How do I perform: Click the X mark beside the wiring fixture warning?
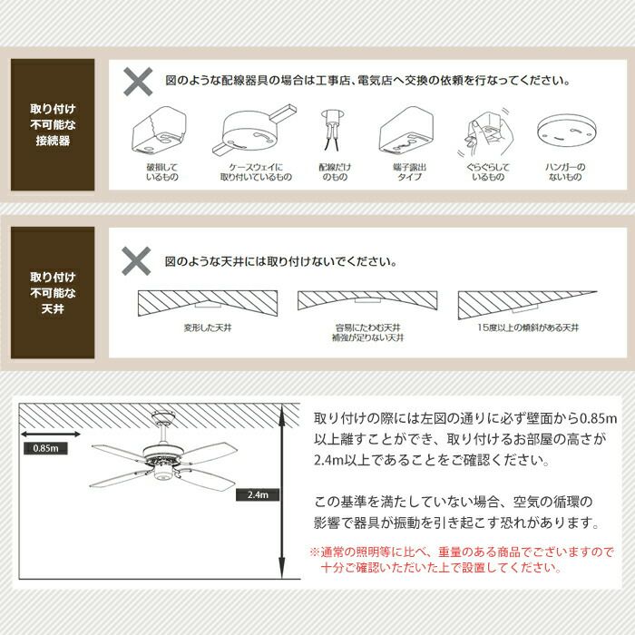[x=138, y=82]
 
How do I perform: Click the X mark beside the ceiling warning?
[x=136, y=261]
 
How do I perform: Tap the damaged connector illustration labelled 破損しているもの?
[x=160, y=132]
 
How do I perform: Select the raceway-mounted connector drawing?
[x=255, y=131]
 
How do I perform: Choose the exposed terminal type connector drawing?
[x=406, y=132]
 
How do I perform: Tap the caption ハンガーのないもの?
[x=565, y=171]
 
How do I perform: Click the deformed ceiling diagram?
[x=208, y=303]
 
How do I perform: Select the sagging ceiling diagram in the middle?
[x=367, y=299]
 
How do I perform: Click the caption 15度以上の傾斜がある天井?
[x=528, y=327]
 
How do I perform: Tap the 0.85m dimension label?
[x=45, y=448]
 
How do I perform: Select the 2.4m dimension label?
[x=258, y=495]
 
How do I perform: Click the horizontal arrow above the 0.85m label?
[x=51, y=435]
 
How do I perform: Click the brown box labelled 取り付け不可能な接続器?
[x=53, y=125]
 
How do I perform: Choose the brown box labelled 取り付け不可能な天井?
[x=53, y=293]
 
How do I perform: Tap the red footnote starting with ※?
[x=462, y=560]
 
